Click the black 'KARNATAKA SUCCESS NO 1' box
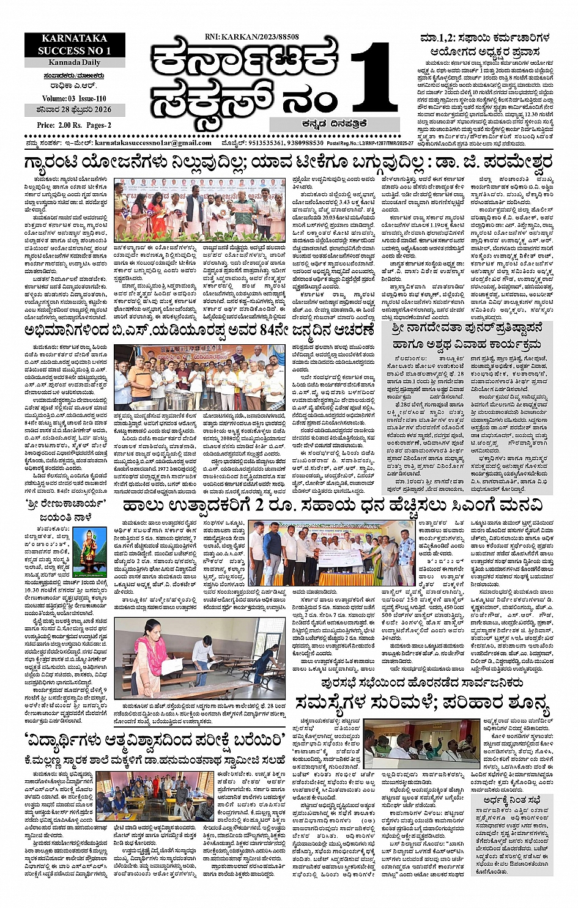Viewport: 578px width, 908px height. pyautogui.click(x=75, y=45)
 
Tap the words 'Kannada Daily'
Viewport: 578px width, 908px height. pyautogui.click(x=75, y=62)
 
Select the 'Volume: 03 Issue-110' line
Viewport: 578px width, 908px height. pyautogui.click(x=75, y=98)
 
